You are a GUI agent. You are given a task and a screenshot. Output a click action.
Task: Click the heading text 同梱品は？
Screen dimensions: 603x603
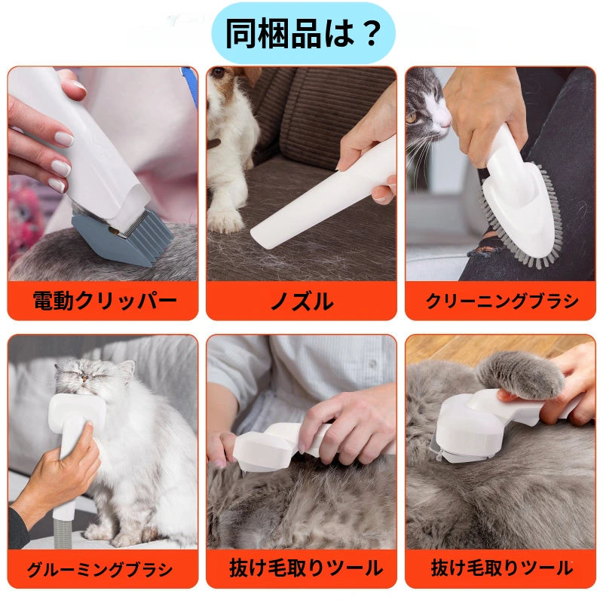coord(301,33)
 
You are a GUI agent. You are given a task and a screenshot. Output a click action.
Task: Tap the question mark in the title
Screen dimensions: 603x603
coord(369,33)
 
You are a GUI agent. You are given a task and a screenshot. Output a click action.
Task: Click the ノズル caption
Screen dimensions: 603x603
coord(301,301)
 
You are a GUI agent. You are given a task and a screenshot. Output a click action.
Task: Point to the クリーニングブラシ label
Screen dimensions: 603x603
coord(502,301)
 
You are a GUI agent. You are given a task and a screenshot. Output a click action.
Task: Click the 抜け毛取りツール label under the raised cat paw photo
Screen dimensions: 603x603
coord(500,568)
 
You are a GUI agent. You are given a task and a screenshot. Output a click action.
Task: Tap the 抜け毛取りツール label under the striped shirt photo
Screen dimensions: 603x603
coord(301,568)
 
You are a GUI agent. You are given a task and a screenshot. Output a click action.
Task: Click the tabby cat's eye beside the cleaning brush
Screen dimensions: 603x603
coord(412,118)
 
